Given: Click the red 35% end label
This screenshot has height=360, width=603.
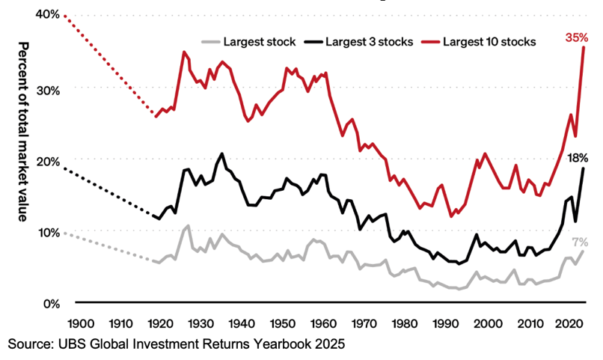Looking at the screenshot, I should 577,37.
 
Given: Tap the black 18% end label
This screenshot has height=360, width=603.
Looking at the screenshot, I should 577,158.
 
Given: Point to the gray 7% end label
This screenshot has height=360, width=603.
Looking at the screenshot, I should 580,242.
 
